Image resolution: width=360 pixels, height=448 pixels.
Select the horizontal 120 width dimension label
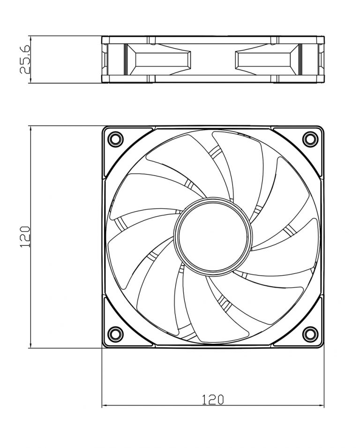click(213, 399)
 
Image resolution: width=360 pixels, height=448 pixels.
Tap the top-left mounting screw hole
click(115, 139)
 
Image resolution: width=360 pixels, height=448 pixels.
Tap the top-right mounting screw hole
click(309, 139)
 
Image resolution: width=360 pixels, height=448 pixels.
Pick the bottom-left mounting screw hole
click(115, 334)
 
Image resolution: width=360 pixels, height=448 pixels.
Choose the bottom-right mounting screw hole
click(309, 334)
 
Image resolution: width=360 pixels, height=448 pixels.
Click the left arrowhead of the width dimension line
click(105, 405)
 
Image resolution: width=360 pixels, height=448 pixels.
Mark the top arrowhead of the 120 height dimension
click(30, 128)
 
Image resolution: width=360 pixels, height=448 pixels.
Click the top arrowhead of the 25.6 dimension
click(30, 38)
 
